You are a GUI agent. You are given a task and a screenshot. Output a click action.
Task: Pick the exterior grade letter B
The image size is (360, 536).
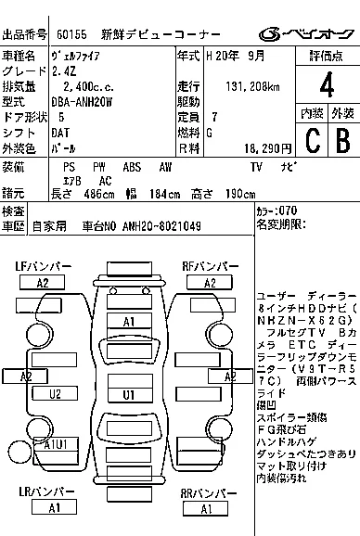pyautogui.click(x=341, y=141)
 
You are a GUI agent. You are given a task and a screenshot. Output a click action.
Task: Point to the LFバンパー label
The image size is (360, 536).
pyautogui.click(x=45, y=267)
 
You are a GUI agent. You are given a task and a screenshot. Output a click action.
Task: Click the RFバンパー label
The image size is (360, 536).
pyautogui.click(x=211, y=267)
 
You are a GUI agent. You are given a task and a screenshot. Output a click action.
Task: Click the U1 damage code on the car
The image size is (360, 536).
pyautogui.click(x=131, y=394)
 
